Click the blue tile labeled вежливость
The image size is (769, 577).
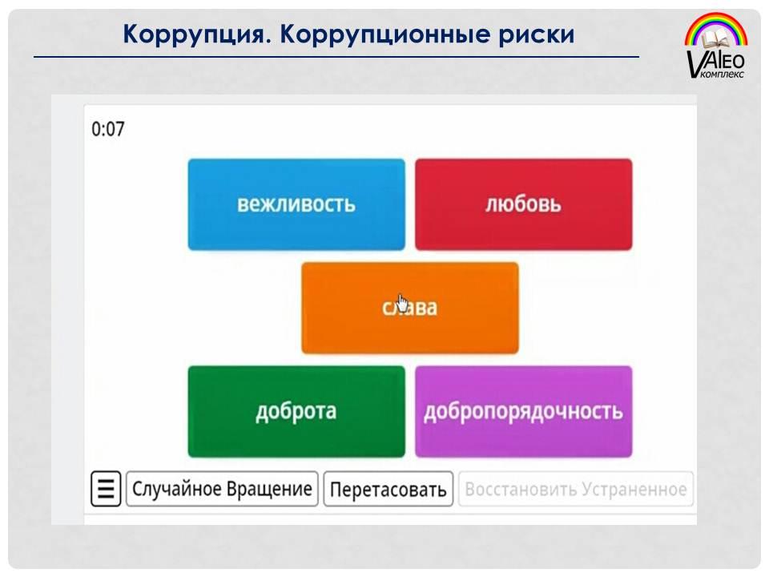click(296, 204)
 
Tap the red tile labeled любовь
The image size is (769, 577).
click(523, 204)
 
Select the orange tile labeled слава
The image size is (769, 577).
click(410, 308)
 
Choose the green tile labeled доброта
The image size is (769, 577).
click(296, 411)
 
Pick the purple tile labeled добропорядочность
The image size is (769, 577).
click(523, 411)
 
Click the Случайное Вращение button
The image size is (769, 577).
click(222, 489)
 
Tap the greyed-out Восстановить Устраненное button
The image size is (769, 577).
click(576, 489)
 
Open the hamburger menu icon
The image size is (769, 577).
click(106, 489)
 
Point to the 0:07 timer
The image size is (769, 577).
click(108, 129)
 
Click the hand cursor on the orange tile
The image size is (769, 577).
click(403, 303)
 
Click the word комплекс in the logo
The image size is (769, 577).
click(723, 74)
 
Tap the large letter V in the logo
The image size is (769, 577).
click(696, 63)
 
